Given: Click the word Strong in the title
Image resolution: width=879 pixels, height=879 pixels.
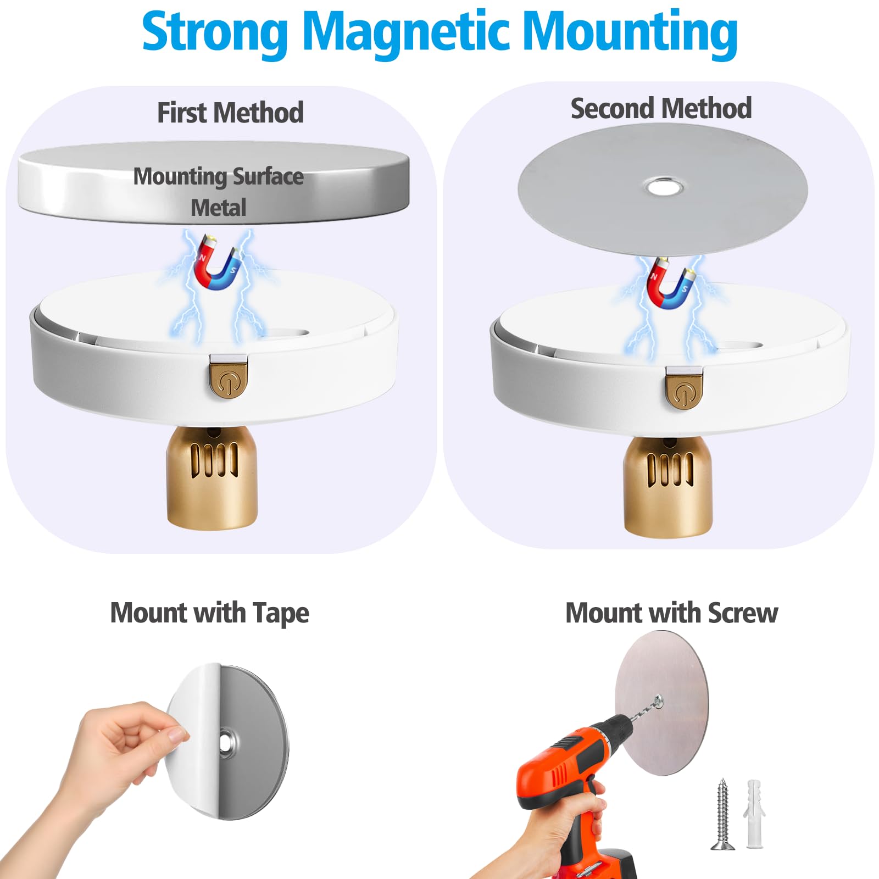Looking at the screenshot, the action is (215, 32).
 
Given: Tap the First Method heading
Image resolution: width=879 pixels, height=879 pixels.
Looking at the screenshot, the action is (230, 113).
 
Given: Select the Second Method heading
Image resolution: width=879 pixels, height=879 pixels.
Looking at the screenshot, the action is (661, 108).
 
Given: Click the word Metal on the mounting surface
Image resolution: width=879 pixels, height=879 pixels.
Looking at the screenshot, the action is (218, 208).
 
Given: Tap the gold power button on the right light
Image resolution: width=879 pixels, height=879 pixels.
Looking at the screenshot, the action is (683, 389).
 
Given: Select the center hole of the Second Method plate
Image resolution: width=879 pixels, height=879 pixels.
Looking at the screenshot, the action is (664, 188).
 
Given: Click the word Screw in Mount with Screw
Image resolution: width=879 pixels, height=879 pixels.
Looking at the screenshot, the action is (743, 613).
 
